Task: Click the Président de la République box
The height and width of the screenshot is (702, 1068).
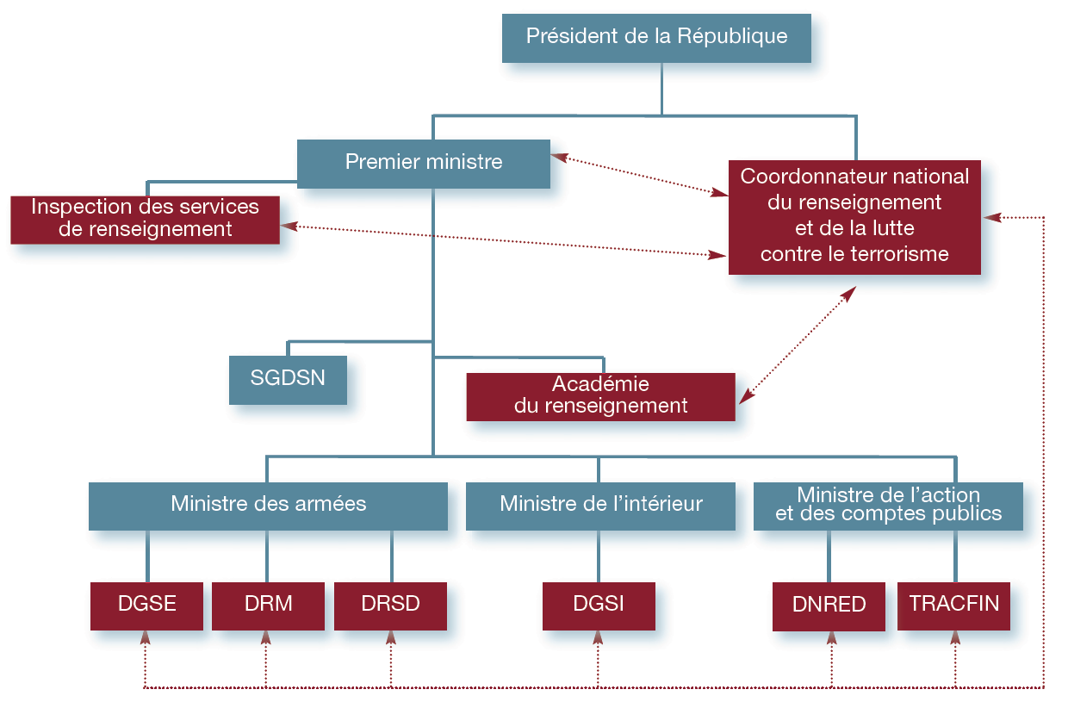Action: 656,37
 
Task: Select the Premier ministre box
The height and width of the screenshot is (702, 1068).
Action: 424,163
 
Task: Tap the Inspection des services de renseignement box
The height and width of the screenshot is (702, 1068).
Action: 146,219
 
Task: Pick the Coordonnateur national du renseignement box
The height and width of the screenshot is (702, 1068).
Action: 854,216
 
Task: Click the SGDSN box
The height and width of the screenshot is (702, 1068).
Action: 288,379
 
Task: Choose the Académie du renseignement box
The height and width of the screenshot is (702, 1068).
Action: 600,396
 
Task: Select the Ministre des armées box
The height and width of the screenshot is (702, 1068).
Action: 268,505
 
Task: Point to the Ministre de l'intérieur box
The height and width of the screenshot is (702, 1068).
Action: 600,505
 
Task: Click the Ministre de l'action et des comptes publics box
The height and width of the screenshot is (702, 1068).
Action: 888,506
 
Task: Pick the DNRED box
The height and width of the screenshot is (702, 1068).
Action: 829,606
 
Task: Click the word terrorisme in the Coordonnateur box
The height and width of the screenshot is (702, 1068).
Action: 895,254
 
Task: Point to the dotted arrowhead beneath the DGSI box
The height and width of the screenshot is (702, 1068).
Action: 599,637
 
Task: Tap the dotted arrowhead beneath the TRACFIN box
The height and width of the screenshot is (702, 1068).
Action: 955,637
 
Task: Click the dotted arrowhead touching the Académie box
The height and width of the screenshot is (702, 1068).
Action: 747,396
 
